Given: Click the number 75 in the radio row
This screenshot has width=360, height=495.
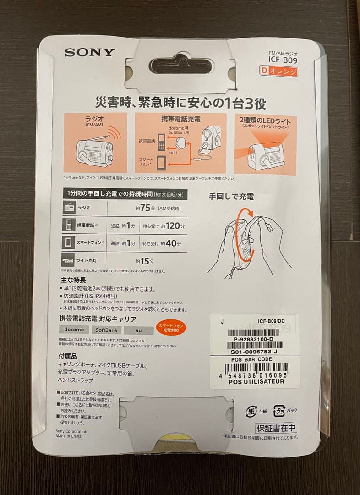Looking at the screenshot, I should [145, 208].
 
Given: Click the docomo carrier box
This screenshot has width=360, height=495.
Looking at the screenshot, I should [74, 330].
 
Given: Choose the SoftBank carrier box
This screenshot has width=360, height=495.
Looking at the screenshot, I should [107, 330].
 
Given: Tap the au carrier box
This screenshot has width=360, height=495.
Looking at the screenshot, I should [138, 330].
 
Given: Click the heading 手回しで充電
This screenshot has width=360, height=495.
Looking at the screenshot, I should [231, 197].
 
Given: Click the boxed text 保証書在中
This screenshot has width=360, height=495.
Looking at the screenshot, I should [276, 429].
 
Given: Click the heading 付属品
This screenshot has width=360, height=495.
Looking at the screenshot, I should [68, 356].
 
